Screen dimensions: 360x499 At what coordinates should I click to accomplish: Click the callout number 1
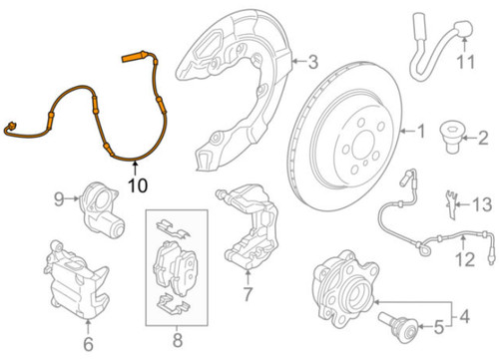[x=420, y=131]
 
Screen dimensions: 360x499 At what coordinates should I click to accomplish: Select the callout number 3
[x=312, y=64]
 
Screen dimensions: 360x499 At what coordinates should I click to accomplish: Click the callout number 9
[x=58, y=198]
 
